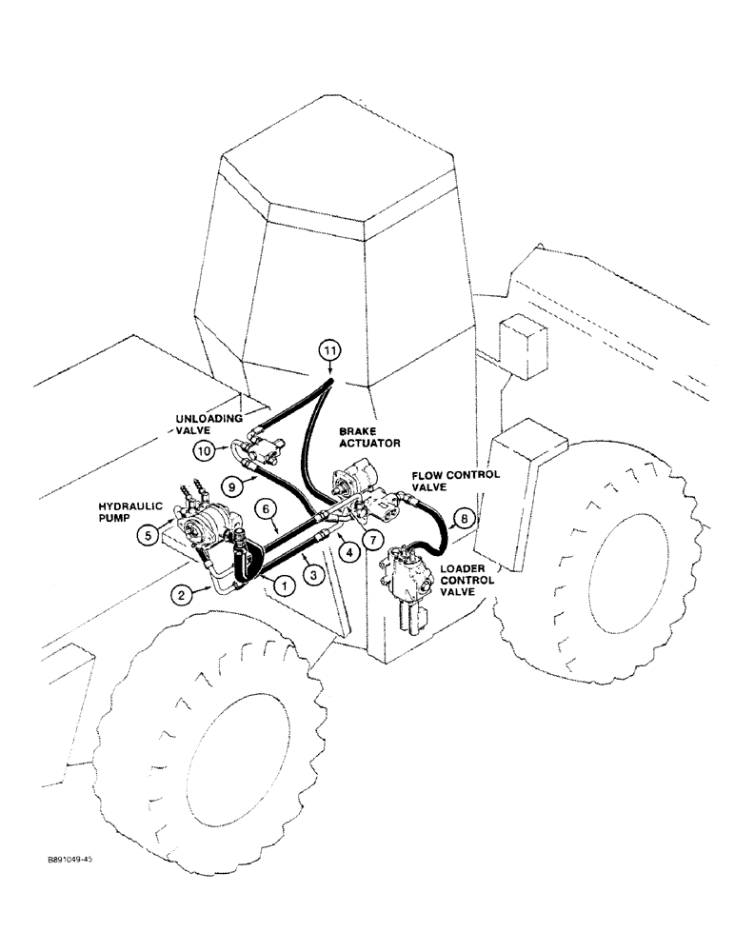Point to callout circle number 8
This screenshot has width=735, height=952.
click(x=462, y=519)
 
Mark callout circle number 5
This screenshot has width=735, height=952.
click(x=149, y=535)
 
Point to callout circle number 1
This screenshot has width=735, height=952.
click(x=283, y=585)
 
